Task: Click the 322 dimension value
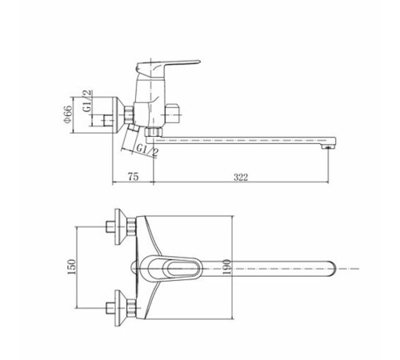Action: click(241, 177)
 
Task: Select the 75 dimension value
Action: click(134, 177)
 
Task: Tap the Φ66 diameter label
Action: click(68, 114)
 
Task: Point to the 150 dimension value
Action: click(72, 266)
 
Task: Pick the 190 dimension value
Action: click(226, 267)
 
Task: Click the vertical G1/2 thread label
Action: click(87, 101)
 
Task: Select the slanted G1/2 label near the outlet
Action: click(147, 151)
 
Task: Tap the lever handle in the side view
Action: click(168, 66)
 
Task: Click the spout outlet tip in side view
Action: click(329, 146)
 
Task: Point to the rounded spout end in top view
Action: click(332, 269)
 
